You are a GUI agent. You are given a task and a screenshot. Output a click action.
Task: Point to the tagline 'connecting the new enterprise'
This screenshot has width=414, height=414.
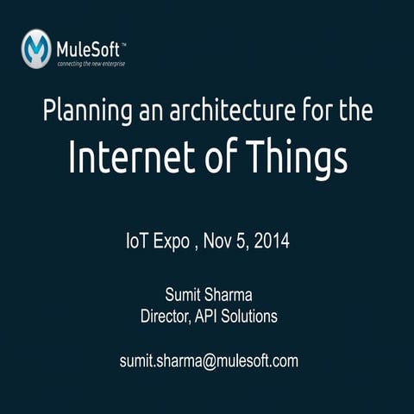91,63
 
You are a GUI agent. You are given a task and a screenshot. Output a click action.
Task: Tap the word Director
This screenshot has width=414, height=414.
165,317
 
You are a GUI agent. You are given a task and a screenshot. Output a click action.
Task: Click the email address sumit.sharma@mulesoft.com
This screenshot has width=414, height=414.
208,361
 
